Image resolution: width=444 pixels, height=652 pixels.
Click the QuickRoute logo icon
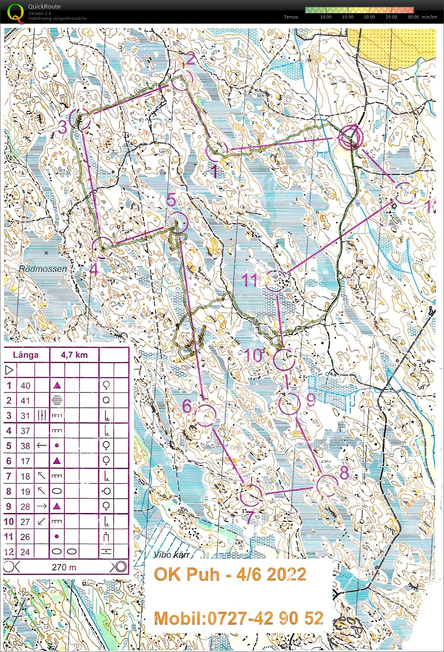[x=15, y=12]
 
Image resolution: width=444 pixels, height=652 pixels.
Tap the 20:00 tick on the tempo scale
[x=369, y=17]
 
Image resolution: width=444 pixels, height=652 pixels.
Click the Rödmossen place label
[x=43, y=269]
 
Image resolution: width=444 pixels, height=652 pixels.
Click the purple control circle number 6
[x=205, y=415]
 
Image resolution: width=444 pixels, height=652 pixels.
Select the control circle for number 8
[x=327, y=485]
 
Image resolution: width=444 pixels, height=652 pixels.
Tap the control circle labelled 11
[x=275, y=280]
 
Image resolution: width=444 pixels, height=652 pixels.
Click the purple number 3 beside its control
[x=63, y=127]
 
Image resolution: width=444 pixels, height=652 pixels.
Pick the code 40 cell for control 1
[x=25, y=386]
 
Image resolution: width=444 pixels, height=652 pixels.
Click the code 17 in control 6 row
[x=25, y=461]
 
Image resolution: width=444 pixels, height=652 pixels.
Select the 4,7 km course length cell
[x=74, y=355]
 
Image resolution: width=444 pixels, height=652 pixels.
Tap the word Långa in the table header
[x=26, y=355]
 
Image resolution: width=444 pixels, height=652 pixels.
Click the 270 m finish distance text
[x=64, y=567]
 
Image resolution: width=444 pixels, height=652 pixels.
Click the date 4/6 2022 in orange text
[x=271, y=574]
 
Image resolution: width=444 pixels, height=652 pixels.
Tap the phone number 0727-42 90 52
[x=265, y=618]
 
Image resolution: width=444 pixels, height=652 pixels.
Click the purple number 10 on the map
[x=254, y=355]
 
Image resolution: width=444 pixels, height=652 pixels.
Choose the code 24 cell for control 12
[x=25, y=552]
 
